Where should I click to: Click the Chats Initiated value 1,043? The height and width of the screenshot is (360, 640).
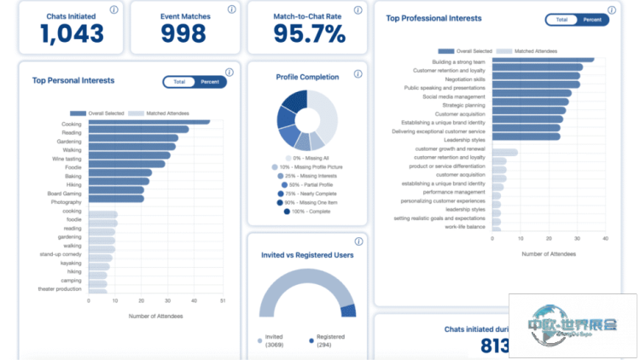coord(73,33)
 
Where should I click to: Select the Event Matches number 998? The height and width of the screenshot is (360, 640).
coord(184,33)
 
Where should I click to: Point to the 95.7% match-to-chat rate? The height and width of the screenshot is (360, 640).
coord(309,33)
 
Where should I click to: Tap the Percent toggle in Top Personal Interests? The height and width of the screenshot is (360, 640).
coord(209,82)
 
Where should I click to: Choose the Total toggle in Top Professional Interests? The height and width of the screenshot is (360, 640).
coord(561,20)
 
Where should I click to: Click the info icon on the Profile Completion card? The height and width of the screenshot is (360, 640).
coord(358,73)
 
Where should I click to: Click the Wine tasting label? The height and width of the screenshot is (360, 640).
coord(67,159)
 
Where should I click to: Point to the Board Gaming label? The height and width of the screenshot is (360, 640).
coord(65,192)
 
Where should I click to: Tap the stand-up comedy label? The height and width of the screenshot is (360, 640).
coord(61,254)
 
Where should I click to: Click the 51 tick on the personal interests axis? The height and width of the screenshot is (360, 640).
coord(223,300)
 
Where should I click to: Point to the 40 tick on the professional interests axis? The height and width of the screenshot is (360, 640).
coord(605,239)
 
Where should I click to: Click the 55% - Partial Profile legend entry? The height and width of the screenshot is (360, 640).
coord(306,184)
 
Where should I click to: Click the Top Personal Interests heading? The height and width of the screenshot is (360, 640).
coord(73,81)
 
